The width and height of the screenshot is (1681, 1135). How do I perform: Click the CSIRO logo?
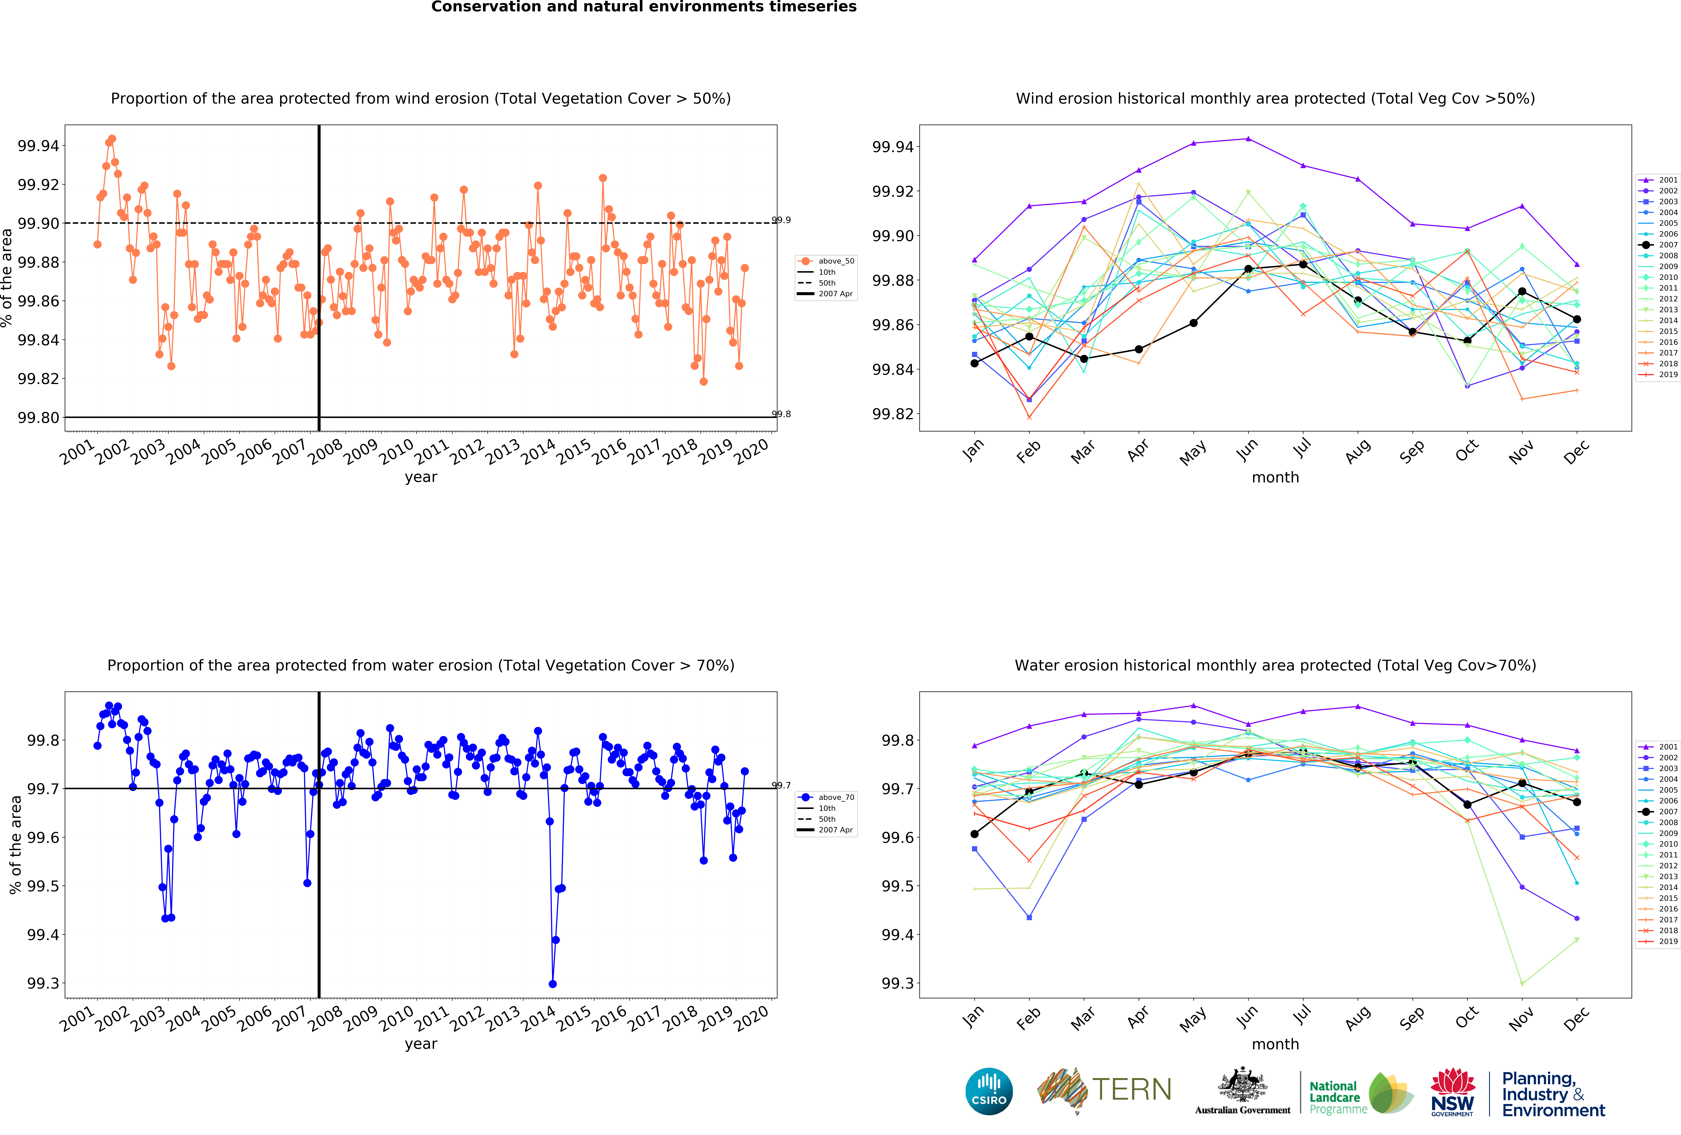[x=989, y=1091]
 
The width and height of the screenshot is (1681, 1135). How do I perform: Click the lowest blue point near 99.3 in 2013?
[x=553, y=984]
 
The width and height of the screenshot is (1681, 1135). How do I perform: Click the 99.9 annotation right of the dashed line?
[x=781, y=220]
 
